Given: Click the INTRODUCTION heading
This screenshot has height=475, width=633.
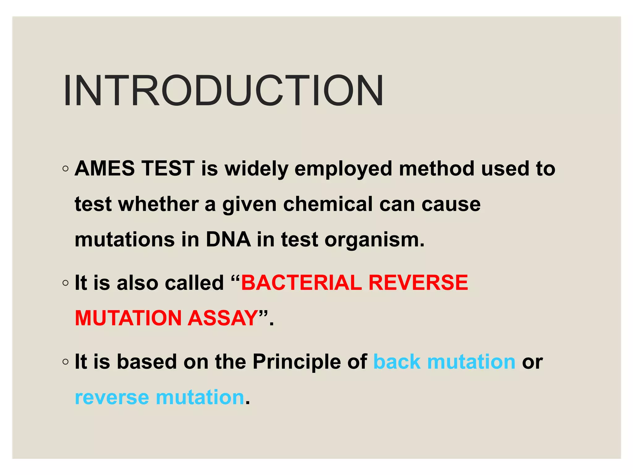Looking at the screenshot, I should click(223, 91).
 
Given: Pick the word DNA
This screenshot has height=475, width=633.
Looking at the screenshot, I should click(228, 240).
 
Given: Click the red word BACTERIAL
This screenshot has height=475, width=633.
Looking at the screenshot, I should click(301, 283).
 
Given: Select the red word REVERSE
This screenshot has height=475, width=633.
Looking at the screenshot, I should click(418, 283).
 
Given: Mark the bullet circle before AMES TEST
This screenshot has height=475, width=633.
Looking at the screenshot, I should click(65, 169).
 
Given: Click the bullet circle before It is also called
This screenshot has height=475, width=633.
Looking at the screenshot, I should click(65, 283).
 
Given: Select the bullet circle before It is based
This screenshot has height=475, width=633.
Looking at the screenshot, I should click(65, 362).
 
